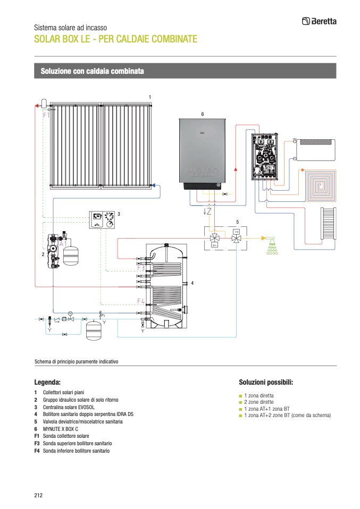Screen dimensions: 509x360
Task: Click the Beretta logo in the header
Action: pyautogui.click(x=319, y=21)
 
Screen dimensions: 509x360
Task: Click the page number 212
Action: pyautogui.click(x=38, y=495)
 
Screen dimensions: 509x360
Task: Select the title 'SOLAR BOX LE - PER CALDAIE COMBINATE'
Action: pyautogui.click(x=115, y=39)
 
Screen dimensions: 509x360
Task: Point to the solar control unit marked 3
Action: pyautogui.click(x=102, y=219)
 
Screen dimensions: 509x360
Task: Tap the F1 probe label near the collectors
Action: pyautogui.click(x=46, y=115)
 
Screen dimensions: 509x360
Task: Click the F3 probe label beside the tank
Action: pyautogui.click(x=141, y=269)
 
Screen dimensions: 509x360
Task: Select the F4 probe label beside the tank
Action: pyautogui.click(x=141, y=301)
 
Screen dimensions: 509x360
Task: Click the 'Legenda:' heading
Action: pyautogui.click(x=47, y=382)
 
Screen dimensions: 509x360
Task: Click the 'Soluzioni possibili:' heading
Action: pyautogui.click(x=266, y=382)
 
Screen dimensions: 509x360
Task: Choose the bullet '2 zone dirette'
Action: pyautogui.click(x=260, y=402)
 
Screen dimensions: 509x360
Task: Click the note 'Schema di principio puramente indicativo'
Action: pyautogui.click(x=76, y=361)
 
